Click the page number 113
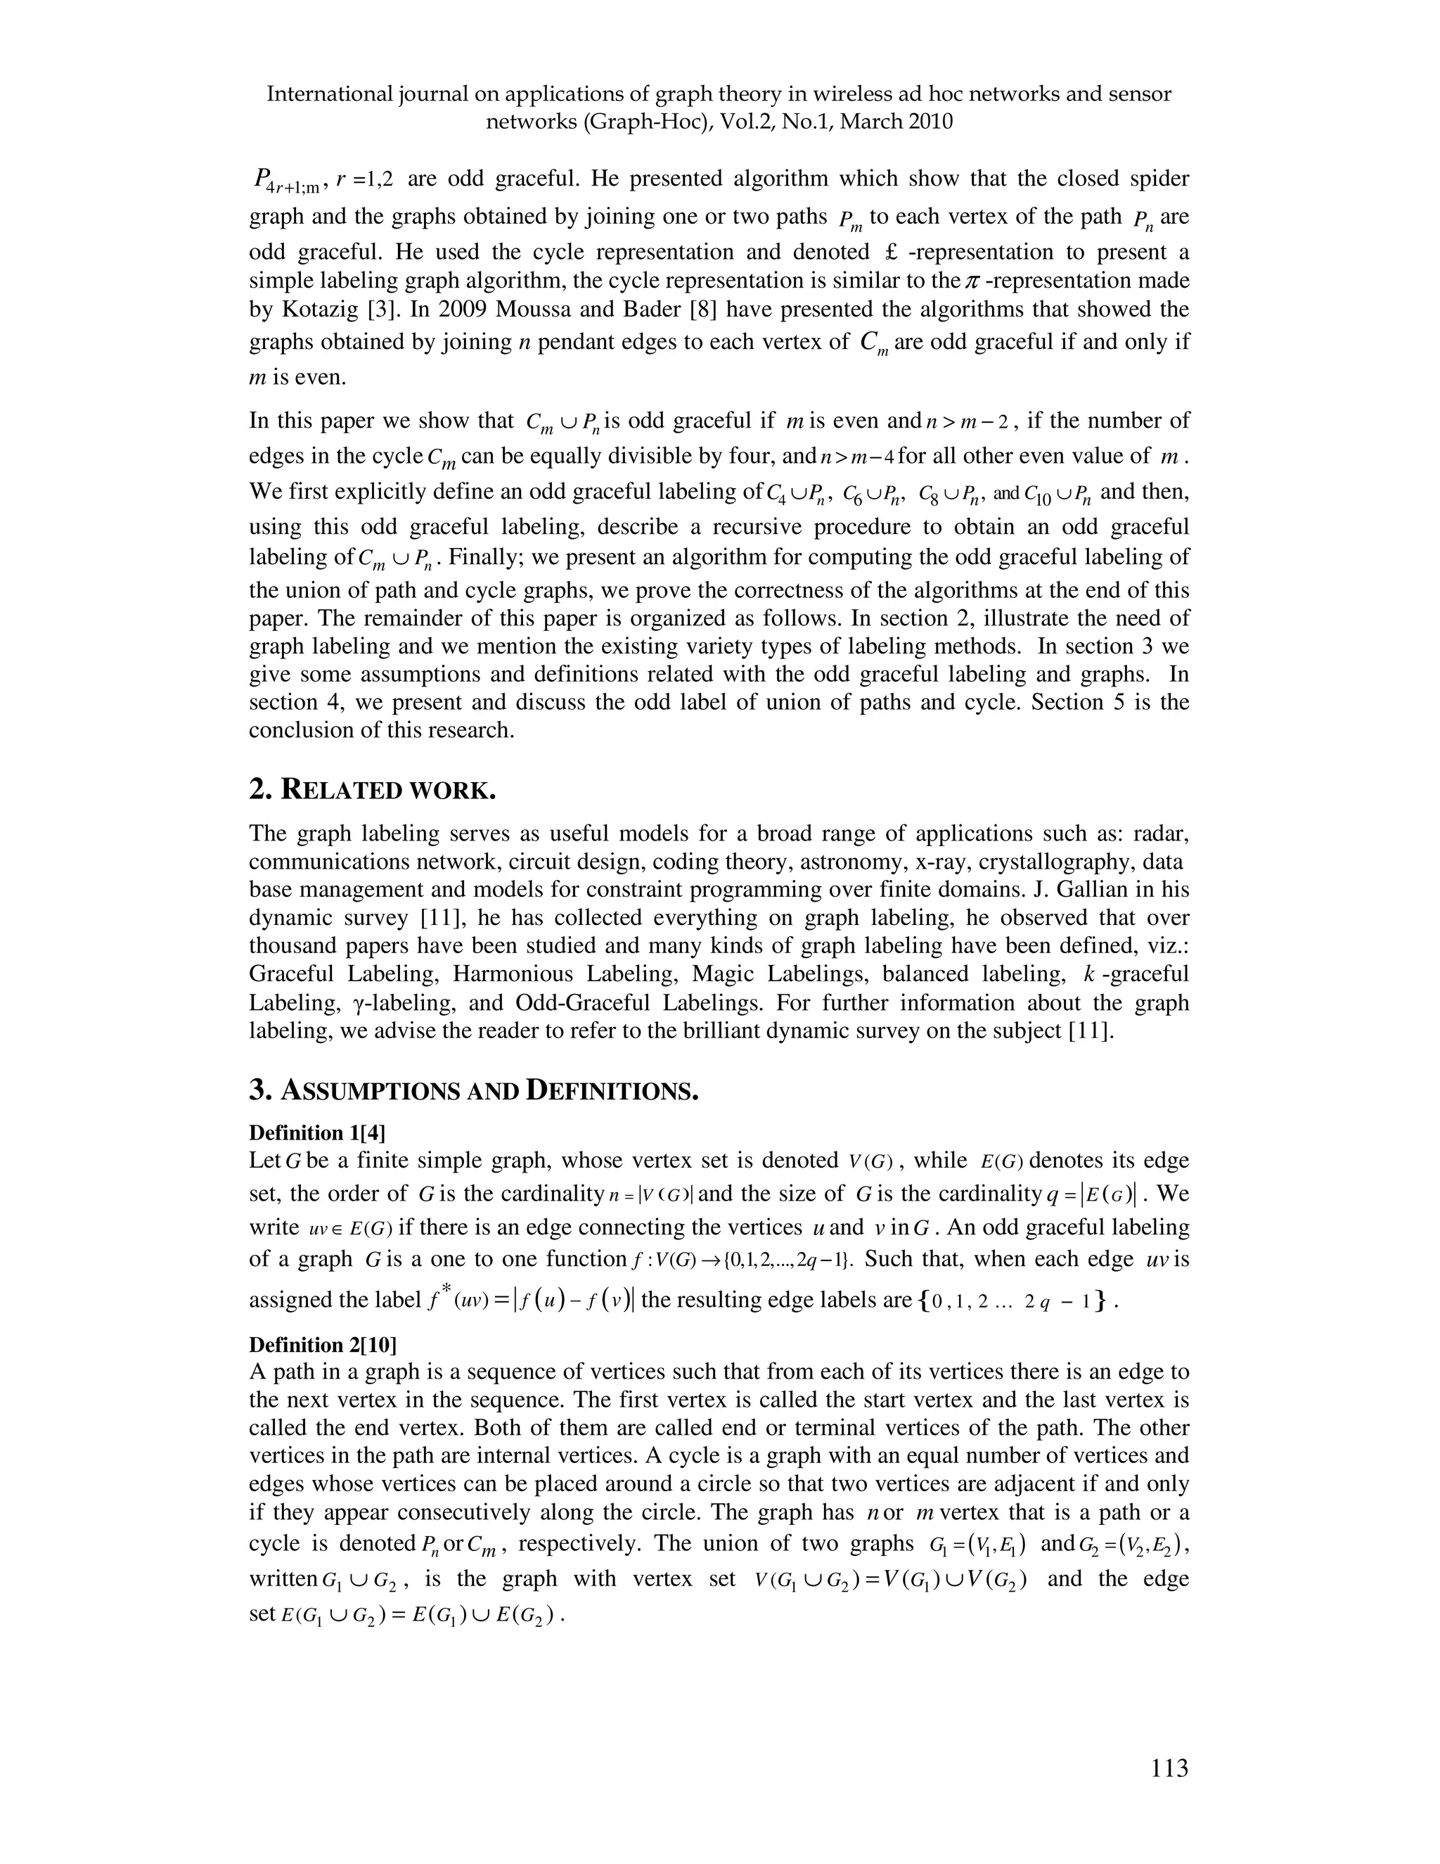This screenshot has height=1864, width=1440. [x=1169, y=1768]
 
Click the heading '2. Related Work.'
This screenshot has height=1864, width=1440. [x=372, y=789]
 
